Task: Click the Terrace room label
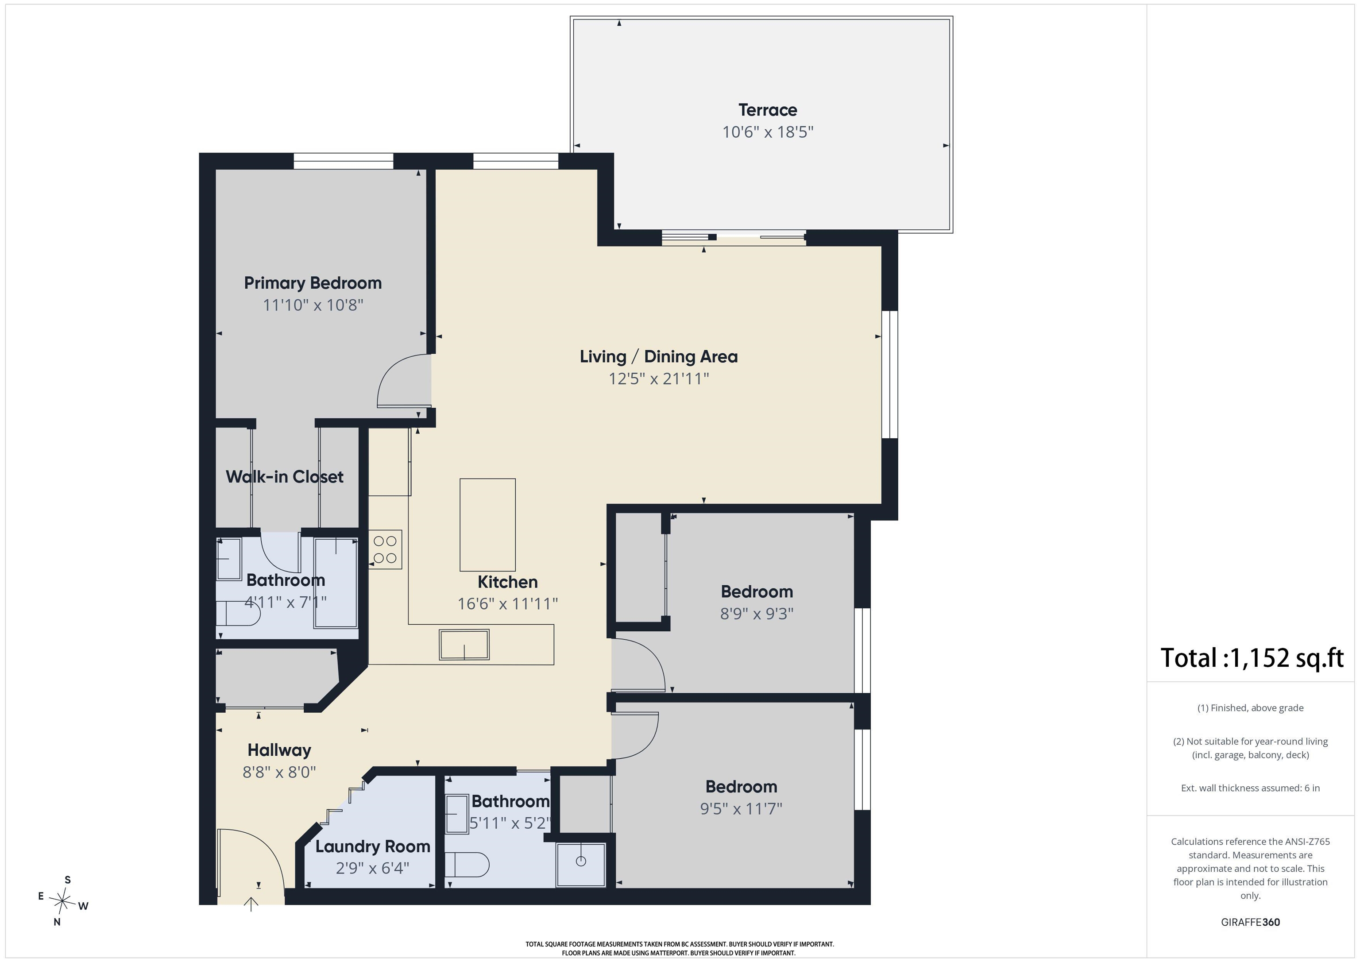[767, 110]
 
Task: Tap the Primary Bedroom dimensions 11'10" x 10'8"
[313, 305]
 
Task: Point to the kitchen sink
[464, 645]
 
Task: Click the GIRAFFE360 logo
[1250, 922]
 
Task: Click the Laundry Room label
[373, 846]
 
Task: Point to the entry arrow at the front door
[252, 904]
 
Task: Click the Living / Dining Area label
[659, 357]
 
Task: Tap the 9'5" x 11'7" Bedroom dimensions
[741, 808]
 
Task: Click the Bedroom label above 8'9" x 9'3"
[757, 591]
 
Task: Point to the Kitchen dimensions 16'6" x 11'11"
[508, 603]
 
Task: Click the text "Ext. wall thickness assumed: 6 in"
[1250, 788]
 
